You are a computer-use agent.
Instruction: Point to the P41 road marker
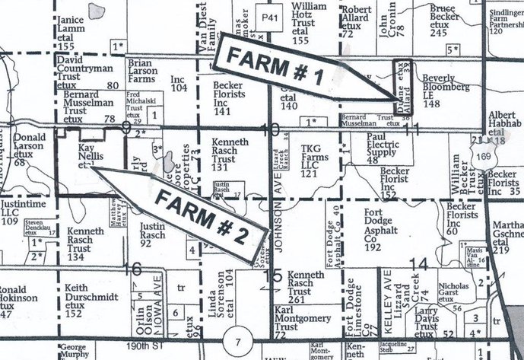click(x=265, y=15)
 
